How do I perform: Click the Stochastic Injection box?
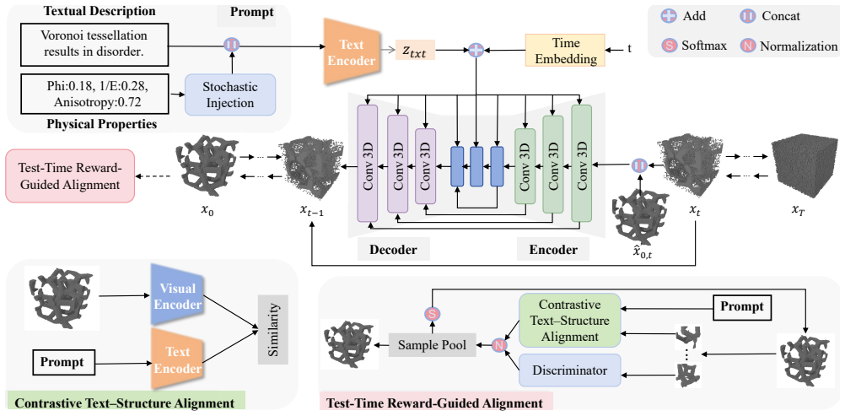230,94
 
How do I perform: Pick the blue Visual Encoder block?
177,294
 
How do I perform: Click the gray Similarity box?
273,328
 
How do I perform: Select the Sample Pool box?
433,343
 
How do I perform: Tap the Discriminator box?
569,370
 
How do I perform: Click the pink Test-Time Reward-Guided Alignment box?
69,176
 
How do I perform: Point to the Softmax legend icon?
669,46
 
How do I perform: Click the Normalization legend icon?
747,46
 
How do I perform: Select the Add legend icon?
669,16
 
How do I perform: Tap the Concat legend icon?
747,16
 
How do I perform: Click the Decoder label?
392,250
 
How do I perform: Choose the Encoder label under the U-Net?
553,250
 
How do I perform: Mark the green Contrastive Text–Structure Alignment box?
569,321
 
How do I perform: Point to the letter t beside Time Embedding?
629,49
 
